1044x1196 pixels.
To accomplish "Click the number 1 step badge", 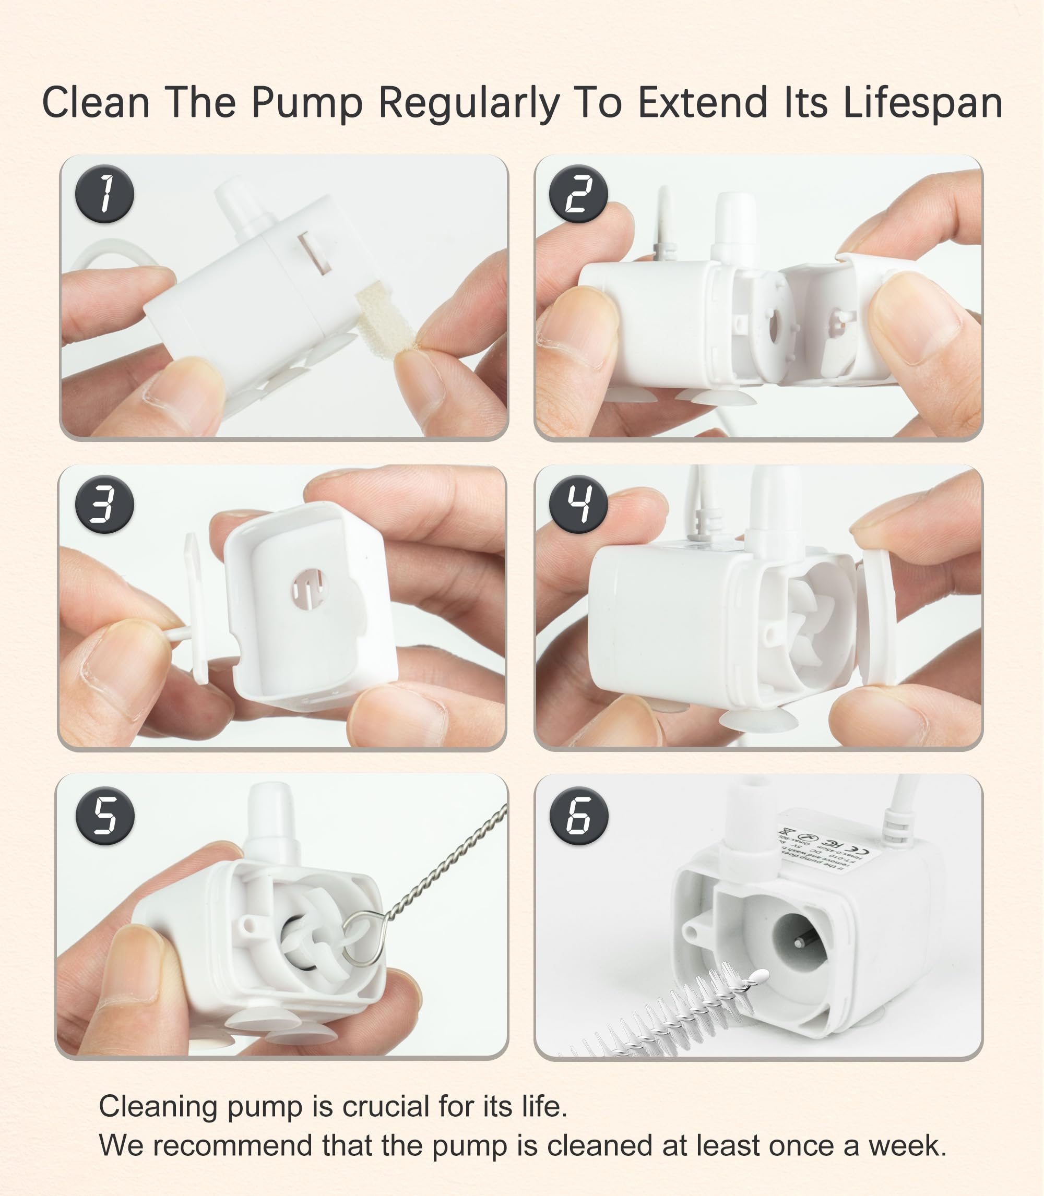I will coord(104,195).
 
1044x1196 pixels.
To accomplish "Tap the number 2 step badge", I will coord(578,195).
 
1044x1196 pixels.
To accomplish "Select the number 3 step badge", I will coord(104,504).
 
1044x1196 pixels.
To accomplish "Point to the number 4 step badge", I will coord(578,504).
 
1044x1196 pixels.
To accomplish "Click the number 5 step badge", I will coord(105,815).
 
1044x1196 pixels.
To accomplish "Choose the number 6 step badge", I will coord(578,815).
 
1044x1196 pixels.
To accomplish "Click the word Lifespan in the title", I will coord(922,104).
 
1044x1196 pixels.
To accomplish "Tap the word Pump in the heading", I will coord(307,104).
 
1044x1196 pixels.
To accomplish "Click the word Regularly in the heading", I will coord(468,104).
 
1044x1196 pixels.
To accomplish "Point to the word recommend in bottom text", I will coord(233,1145).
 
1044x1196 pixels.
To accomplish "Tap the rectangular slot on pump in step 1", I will coord(315,252).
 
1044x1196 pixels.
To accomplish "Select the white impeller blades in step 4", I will coord(811,626).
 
